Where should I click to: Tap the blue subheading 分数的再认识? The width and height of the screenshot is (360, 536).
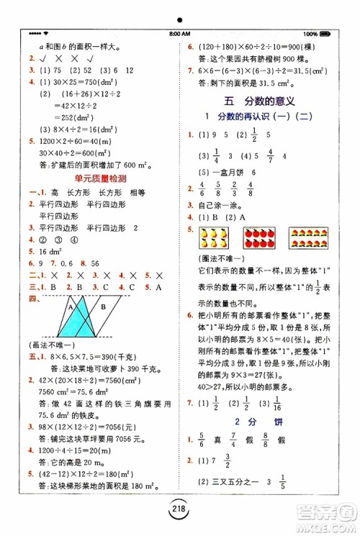click(x=255, y=116)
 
